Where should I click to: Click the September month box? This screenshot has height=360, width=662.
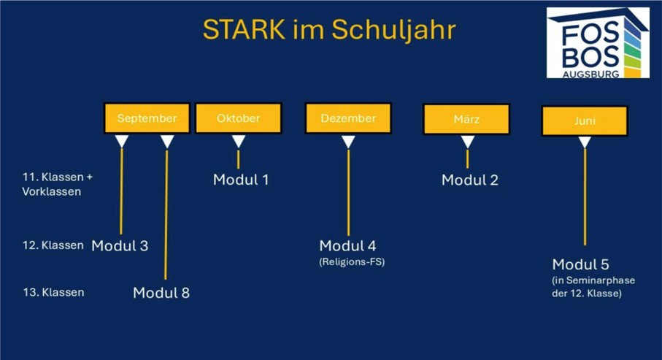[147, 118]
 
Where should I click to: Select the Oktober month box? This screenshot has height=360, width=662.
[239, 118]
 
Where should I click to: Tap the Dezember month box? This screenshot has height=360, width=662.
[348, 118]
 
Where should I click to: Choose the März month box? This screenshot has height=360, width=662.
[466, 119]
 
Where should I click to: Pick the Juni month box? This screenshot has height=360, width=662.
[585, 120]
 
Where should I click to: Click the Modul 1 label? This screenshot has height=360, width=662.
[241, 180]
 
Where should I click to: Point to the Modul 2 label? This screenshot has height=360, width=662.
[470, 180]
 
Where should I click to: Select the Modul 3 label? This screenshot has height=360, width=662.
[120, 245]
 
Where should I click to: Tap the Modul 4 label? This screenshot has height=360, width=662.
[348, 245]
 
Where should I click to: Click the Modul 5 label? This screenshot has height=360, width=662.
[580, 264]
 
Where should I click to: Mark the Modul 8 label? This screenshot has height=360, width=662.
[161, 292]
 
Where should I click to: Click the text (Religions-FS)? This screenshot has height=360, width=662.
[352, 262]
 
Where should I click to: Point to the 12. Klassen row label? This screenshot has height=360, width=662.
[53, 245]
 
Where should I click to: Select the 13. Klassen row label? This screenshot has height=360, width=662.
[53, 292]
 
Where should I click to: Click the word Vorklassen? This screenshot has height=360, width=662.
[52, 192]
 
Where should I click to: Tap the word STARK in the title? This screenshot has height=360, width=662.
[244, 30]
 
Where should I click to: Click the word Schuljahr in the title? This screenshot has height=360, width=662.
[393, 31]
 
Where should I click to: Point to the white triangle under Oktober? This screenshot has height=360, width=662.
[239, 142]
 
